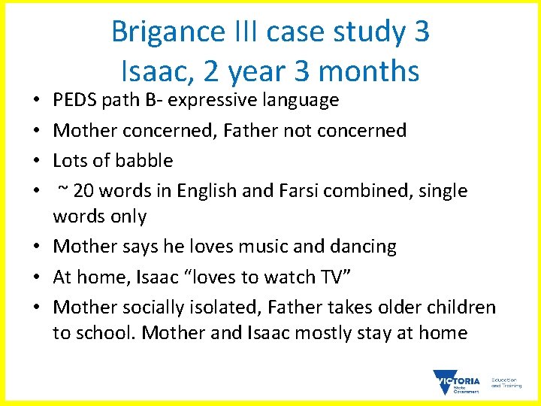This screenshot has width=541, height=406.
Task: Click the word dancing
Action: click(364, 247)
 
